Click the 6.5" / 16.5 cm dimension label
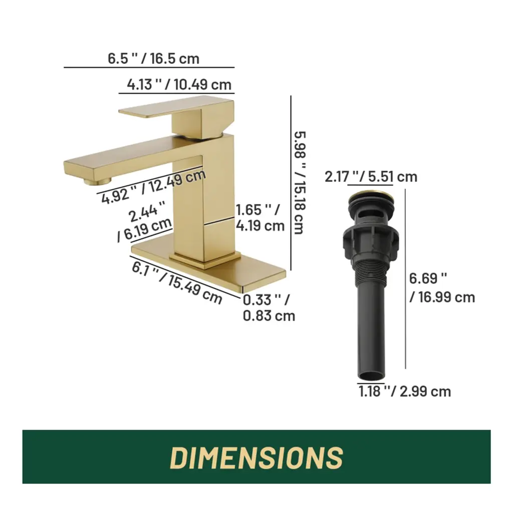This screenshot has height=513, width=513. [x=153, y=59]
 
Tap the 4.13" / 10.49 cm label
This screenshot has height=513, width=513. [x=179, y=85]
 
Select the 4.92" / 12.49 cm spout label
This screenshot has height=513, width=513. [x=154, y=187]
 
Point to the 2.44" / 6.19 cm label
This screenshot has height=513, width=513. [x=145, y=222]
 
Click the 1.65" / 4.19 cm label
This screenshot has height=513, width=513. [x=260, y=218]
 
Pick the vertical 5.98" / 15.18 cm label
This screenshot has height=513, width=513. [x=300, y=183]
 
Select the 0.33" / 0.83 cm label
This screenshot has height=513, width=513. [x=269, y=308]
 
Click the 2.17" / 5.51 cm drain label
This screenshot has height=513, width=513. [x=371, y=177]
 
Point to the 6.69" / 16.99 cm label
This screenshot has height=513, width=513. [x=442, y=288]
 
